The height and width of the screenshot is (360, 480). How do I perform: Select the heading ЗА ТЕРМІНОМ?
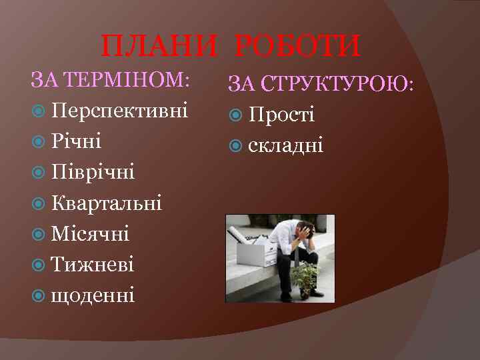pos(111,81)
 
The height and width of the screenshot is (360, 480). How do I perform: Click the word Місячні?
pos(90,234)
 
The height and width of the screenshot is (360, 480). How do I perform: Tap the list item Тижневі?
pos(92,265)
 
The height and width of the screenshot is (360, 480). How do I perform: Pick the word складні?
pos(285,145)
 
